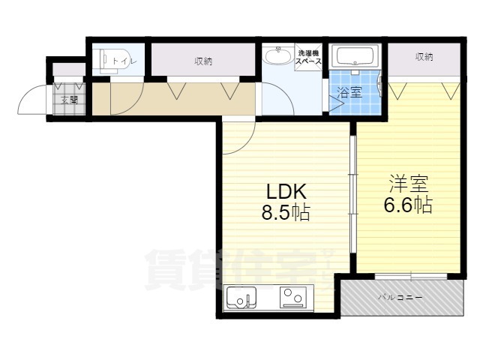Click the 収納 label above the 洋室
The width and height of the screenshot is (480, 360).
pos(424,57)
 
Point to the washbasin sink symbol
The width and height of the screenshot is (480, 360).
pos(278,58)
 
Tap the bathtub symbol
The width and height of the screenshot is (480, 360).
pos(357,57)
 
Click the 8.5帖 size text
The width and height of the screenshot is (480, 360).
pos(285,212)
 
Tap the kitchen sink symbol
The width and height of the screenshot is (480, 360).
pos(241,298)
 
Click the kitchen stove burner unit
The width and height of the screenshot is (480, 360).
pos(293,298)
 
